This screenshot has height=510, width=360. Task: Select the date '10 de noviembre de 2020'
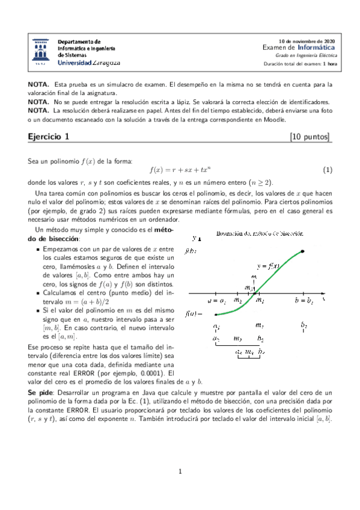(308, 40)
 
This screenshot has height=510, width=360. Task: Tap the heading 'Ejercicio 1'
(49, 137)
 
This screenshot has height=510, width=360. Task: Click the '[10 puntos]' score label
(310, 137)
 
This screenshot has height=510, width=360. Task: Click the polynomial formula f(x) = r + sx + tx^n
(180, 170)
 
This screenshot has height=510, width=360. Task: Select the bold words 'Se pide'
(40, 392)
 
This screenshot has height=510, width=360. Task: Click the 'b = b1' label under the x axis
(304, 300)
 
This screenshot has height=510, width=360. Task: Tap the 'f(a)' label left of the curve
(194, 314)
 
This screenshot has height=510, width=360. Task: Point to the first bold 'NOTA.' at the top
(38, 85)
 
